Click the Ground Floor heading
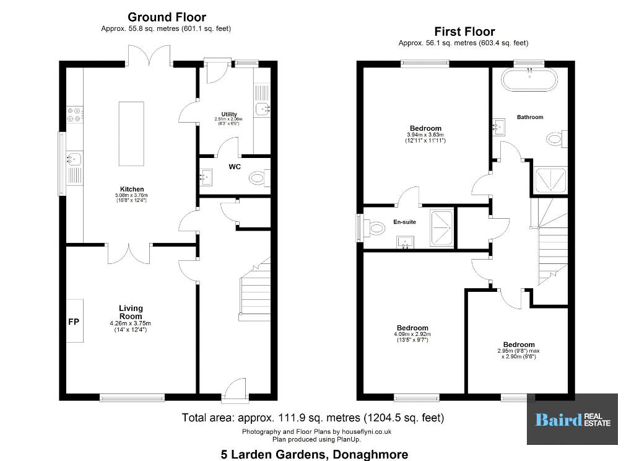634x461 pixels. [167, 17]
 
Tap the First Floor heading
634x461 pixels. [464, 32]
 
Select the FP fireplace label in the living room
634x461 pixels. [74, 322]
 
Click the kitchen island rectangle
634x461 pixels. [131, 134]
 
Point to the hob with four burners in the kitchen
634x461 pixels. [75, 114]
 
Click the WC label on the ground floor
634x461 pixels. [235, 167]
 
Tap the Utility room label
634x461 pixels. [229, 114]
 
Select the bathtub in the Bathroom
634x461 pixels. [529, 79]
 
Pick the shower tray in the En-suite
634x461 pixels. [441, 227]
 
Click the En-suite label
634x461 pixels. [404, 222]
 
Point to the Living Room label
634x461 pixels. [131, 312]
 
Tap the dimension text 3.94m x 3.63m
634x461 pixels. [425, 135]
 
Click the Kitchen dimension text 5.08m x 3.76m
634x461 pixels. [132, 195]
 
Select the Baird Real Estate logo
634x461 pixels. [572, 419]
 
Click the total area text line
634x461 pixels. [313, 417]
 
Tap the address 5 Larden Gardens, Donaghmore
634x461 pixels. [314, 454]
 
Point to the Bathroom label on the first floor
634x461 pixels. [530, 117]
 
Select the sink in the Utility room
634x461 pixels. [263, 108]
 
